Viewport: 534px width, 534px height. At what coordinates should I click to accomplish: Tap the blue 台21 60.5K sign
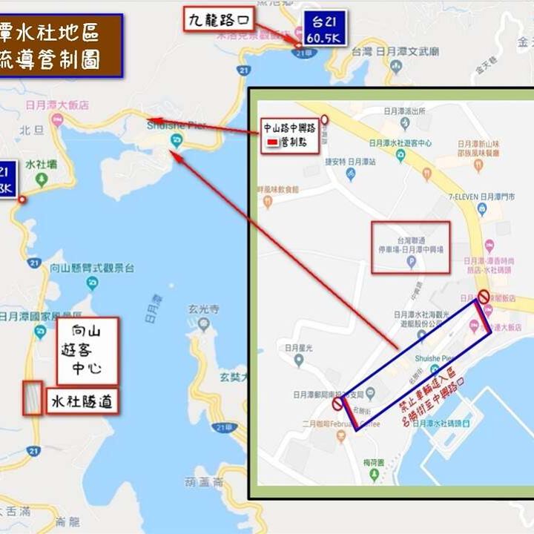(322, 28)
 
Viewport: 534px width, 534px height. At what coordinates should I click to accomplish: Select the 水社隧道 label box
(82, 401)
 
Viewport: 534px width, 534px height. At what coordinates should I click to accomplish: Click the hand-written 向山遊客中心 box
(87, 349)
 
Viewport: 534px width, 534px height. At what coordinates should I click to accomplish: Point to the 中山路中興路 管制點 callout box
(290, 135)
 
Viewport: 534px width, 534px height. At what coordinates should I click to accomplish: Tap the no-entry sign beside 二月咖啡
(337, 404)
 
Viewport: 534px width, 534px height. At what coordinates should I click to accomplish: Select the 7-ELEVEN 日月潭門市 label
(486, 197)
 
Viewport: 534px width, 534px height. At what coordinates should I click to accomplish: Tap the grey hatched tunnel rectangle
(33, 398)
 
